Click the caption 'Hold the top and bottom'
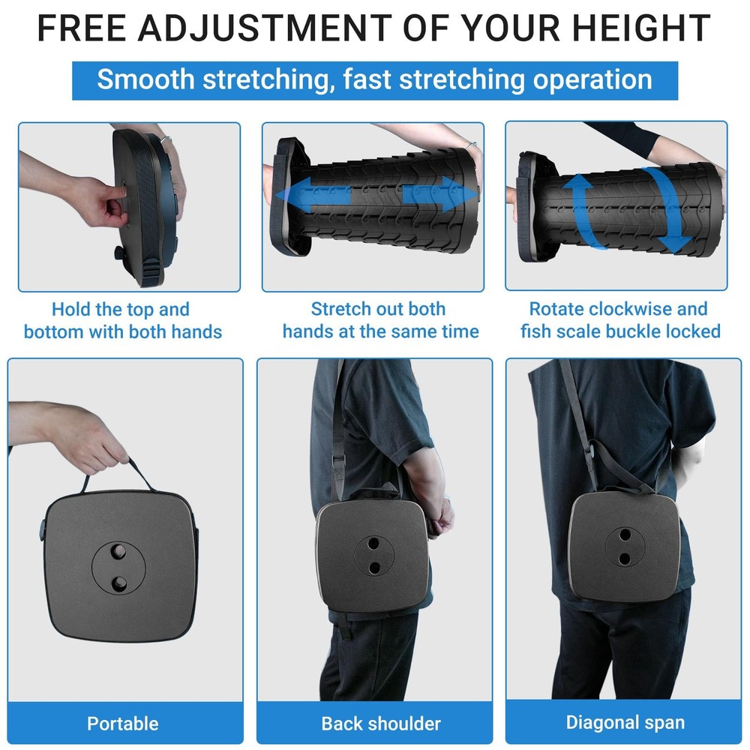[122, 320]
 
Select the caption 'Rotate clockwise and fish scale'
[619, 320]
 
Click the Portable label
[122, 723]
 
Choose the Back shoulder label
[380, 723]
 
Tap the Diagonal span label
[625, 723]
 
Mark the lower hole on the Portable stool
[119, 583]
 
